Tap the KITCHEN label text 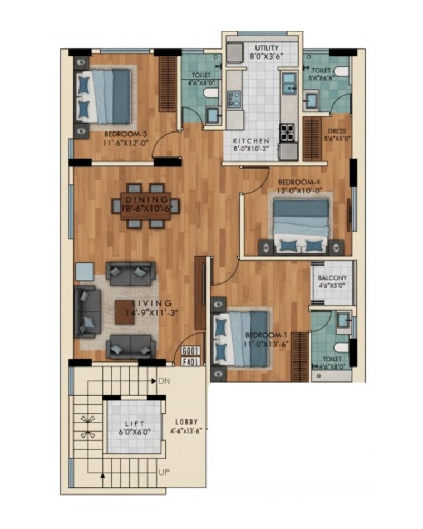click(x=251, y=141)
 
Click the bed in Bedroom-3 click(x=104, y=95)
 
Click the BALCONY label click(x=332, y=278)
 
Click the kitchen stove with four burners click(x=288, y=133)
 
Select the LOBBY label click(x=184, y=422)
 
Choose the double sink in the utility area click(x=289, y=84)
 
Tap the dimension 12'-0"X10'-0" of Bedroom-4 click(x=300, y=190)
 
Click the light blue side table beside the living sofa click(x=85, y=271)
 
